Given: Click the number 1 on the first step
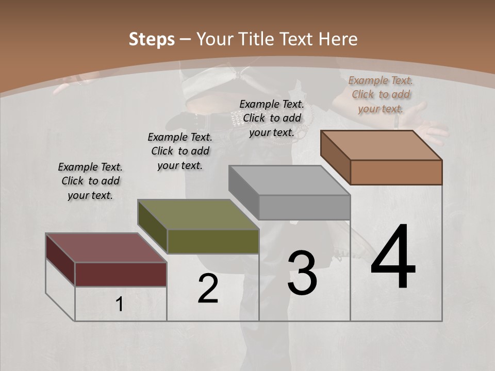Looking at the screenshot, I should tap(120, 305).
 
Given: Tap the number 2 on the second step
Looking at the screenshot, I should tap(208, 289).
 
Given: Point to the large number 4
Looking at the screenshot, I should tap(393, 258).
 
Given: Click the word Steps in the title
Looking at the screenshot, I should tap(152, 39).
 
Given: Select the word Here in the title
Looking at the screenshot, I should tap(339, 39).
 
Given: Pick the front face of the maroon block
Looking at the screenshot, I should tap(121, 274).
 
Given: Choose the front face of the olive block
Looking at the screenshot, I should tap(213, 241).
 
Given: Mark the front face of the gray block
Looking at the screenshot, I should tap(304, 207).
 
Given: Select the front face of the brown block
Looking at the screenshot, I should tap(396, 172).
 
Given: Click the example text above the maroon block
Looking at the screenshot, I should tap(90, 181).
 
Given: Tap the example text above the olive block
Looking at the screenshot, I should tap(180, 151).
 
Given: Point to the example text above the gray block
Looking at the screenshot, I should tap(272, 118).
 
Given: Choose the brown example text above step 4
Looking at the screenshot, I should tap(381, 94).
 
